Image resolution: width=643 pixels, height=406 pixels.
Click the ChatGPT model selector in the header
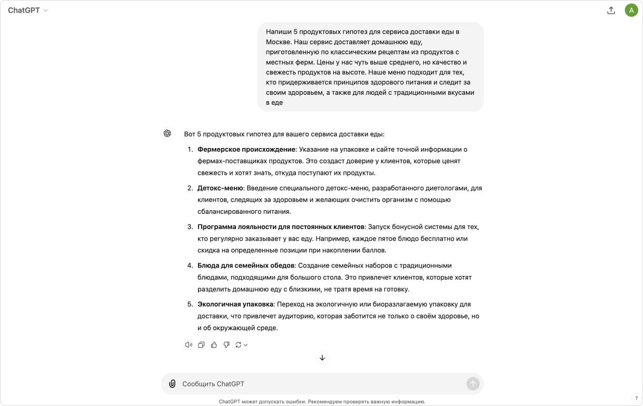point(28,11)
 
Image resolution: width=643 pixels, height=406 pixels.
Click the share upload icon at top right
point(611,11)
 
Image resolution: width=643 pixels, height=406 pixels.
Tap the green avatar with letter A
point(631,11)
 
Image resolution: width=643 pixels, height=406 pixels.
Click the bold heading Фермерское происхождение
point(246,150)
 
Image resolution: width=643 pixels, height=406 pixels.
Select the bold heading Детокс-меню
point(220,189)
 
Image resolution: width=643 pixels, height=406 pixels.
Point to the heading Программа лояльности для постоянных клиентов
point(281,227)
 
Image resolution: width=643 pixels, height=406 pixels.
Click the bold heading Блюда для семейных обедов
point(246,266)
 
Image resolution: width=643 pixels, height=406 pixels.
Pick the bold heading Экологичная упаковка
point(235,304)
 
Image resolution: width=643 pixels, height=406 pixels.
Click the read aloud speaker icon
point(189,345)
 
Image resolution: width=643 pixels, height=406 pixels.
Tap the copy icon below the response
point(201,345)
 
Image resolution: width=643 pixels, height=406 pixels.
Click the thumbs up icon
point(214,345)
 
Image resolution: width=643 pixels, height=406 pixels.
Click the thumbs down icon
point(226,345)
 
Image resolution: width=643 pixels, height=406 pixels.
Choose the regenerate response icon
point(239,345)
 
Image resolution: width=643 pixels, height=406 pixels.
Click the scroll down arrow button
point(322,358)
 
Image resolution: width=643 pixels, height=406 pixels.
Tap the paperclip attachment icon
point(172,384)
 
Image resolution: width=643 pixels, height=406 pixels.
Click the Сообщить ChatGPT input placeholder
point(213,384)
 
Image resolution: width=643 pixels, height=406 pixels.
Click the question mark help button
point(636,399)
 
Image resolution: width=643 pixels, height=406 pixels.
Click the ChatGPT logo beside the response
point(167,134)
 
